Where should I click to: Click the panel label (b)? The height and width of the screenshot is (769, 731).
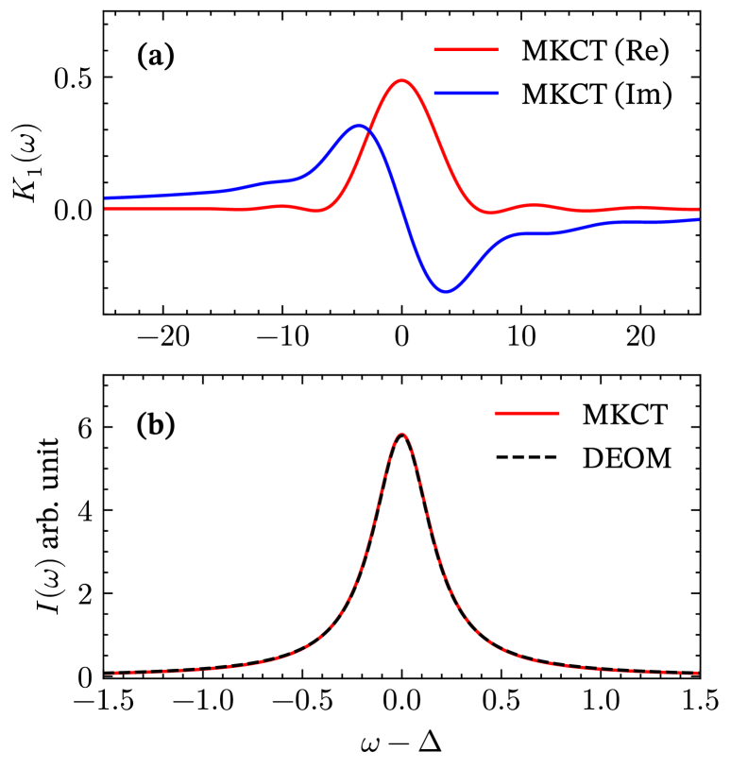(x=156, y=426)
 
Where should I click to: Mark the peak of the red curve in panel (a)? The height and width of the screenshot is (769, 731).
(x=401, y=80)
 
